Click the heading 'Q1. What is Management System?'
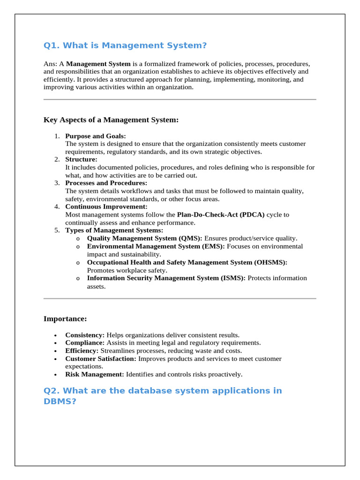pos(125,45)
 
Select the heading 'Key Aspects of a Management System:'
pos(111,120)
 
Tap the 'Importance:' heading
pos(65,319)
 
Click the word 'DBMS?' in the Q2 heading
pos(60,401)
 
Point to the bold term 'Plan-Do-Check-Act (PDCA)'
pos(221,215)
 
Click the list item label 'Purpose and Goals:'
pos(96,136)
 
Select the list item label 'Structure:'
pos(81,159)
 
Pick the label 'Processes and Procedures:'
pos(106,183)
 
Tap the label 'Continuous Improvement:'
pos(106,207)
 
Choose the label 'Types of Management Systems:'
pos(114,230)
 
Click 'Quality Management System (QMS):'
pos(144,238)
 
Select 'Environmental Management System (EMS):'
pos(156,246)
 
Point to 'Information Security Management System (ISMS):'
pos(166,278)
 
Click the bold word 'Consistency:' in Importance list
pos(85,335)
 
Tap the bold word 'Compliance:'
pos(85,343)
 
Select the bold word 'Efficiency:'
pos(82,351)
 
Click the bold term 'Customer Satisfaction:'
pos(101,359)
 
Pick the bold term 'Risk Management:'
pos(95,374)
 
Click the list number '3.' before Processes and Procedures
pos(57,183)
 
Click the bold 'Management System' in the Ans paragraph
pos(98,63)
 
